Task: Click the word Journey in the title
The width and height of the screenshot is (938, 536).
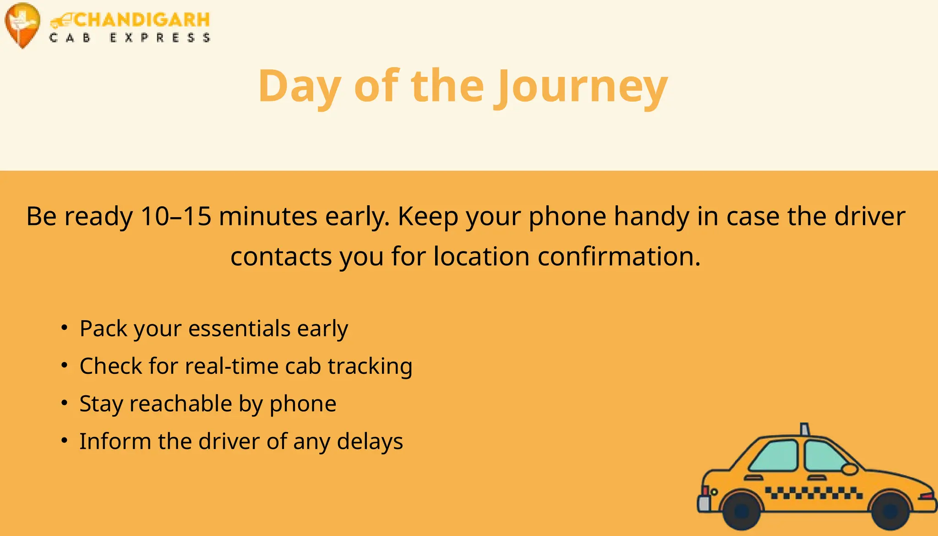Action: [582, 87]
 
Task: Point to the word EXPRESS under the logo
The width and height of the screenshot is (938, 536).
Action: [160, 38]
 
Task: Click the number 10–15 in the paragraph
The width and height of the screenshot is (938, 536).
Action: [176, 216]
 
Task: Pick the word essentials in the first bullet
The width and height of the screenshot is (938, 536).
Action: [239, 328]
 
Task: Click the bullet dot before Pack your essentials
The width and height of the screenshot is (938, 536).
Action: [65, 328]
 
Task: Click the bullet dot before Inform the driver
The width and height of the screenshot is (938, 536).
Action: [65, 441]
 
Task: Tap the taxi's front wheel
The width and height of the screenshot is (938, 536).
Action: [890, 510]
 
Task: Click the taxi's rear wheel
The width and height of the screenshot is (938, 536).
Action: [742, 510]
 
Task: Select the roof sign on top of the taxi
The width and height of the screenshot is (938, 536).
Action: [805, 429]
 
